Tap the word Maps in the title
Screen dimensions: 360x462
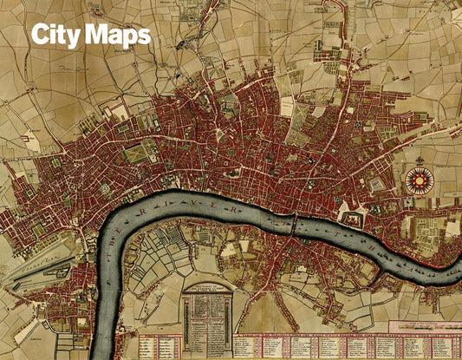click(118, 36)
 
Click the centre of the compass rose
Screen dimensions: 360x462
click(420, 180)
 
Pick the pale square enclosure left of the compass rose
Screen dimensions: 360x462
click(379, 184)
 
